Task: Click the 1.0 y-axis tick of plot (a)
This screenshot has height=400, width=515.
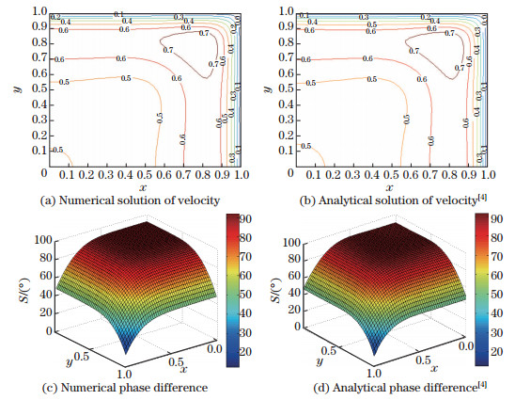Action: [x=31, y=9]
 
